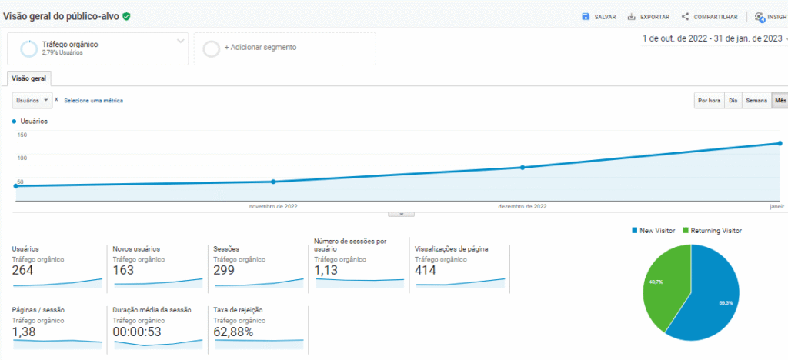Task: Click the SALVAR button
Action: tap(599, 17)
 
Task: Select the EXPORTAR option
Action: tap(648, 17)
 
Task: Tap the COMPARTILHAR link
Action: tap(710, 17)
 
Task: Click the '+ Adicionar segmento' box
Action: tap(284, 48)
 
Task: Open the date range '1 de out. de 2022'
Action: tap(712, 38)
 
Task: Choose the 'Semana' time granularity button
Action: tap(756, 101)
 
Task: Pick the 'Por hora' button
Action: tap(709, 101)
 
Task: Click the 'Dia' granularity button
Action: tap(733, 101)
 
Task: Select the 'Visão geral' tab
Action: tap(28, 78)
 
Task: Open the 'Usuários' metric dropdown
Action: tap(32, 101)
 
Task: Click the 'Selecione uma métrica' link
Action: tap(93, 101)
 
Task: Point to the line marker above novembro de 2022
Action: tap(273, 182)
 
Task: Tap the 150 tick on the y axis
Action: tap(22, 135)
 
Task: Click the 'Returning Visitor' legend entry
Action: tap(711, 231)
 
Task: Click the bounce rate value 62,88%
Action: tap(232, 332)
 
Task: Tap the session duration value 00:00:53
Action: tap(135, 332)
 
